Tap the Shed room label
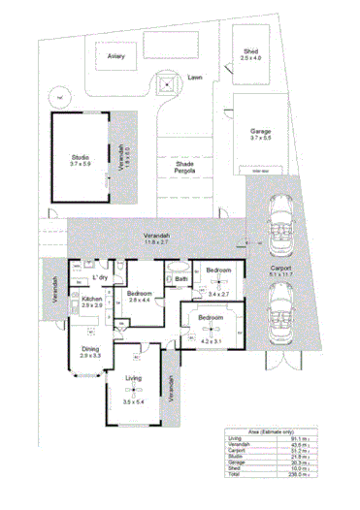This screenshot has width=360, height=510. tap(250, 52)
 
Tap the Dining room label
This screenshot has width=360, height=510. tap(90, 350)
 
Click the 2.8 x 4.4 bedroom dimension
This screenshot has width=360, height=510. tap(140, 300)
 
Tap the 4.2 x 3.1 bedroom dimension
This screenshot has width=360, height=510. tap(211, 340)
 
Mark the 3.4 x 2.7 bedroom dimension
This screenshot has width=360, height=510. tap(218, 292)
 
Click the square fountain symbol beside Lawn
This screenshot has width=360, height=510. tap(167, 84)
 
